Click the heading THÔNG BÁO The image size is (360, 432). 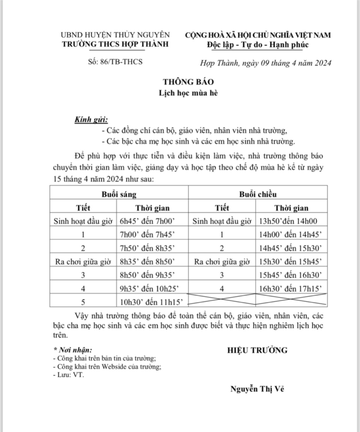coord(182,81)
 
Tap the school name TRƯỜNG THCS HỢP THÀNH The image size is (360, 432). coord(115,44)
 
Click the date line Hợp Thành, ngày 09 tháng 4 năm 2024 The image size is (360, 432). coord(266,63)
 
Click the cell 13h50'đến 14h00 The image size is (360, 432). coord(287,221)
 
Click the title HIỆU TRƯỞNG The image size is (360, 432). coord(257,350)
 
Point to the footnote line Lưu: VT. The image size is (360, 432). coord(69,375)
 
